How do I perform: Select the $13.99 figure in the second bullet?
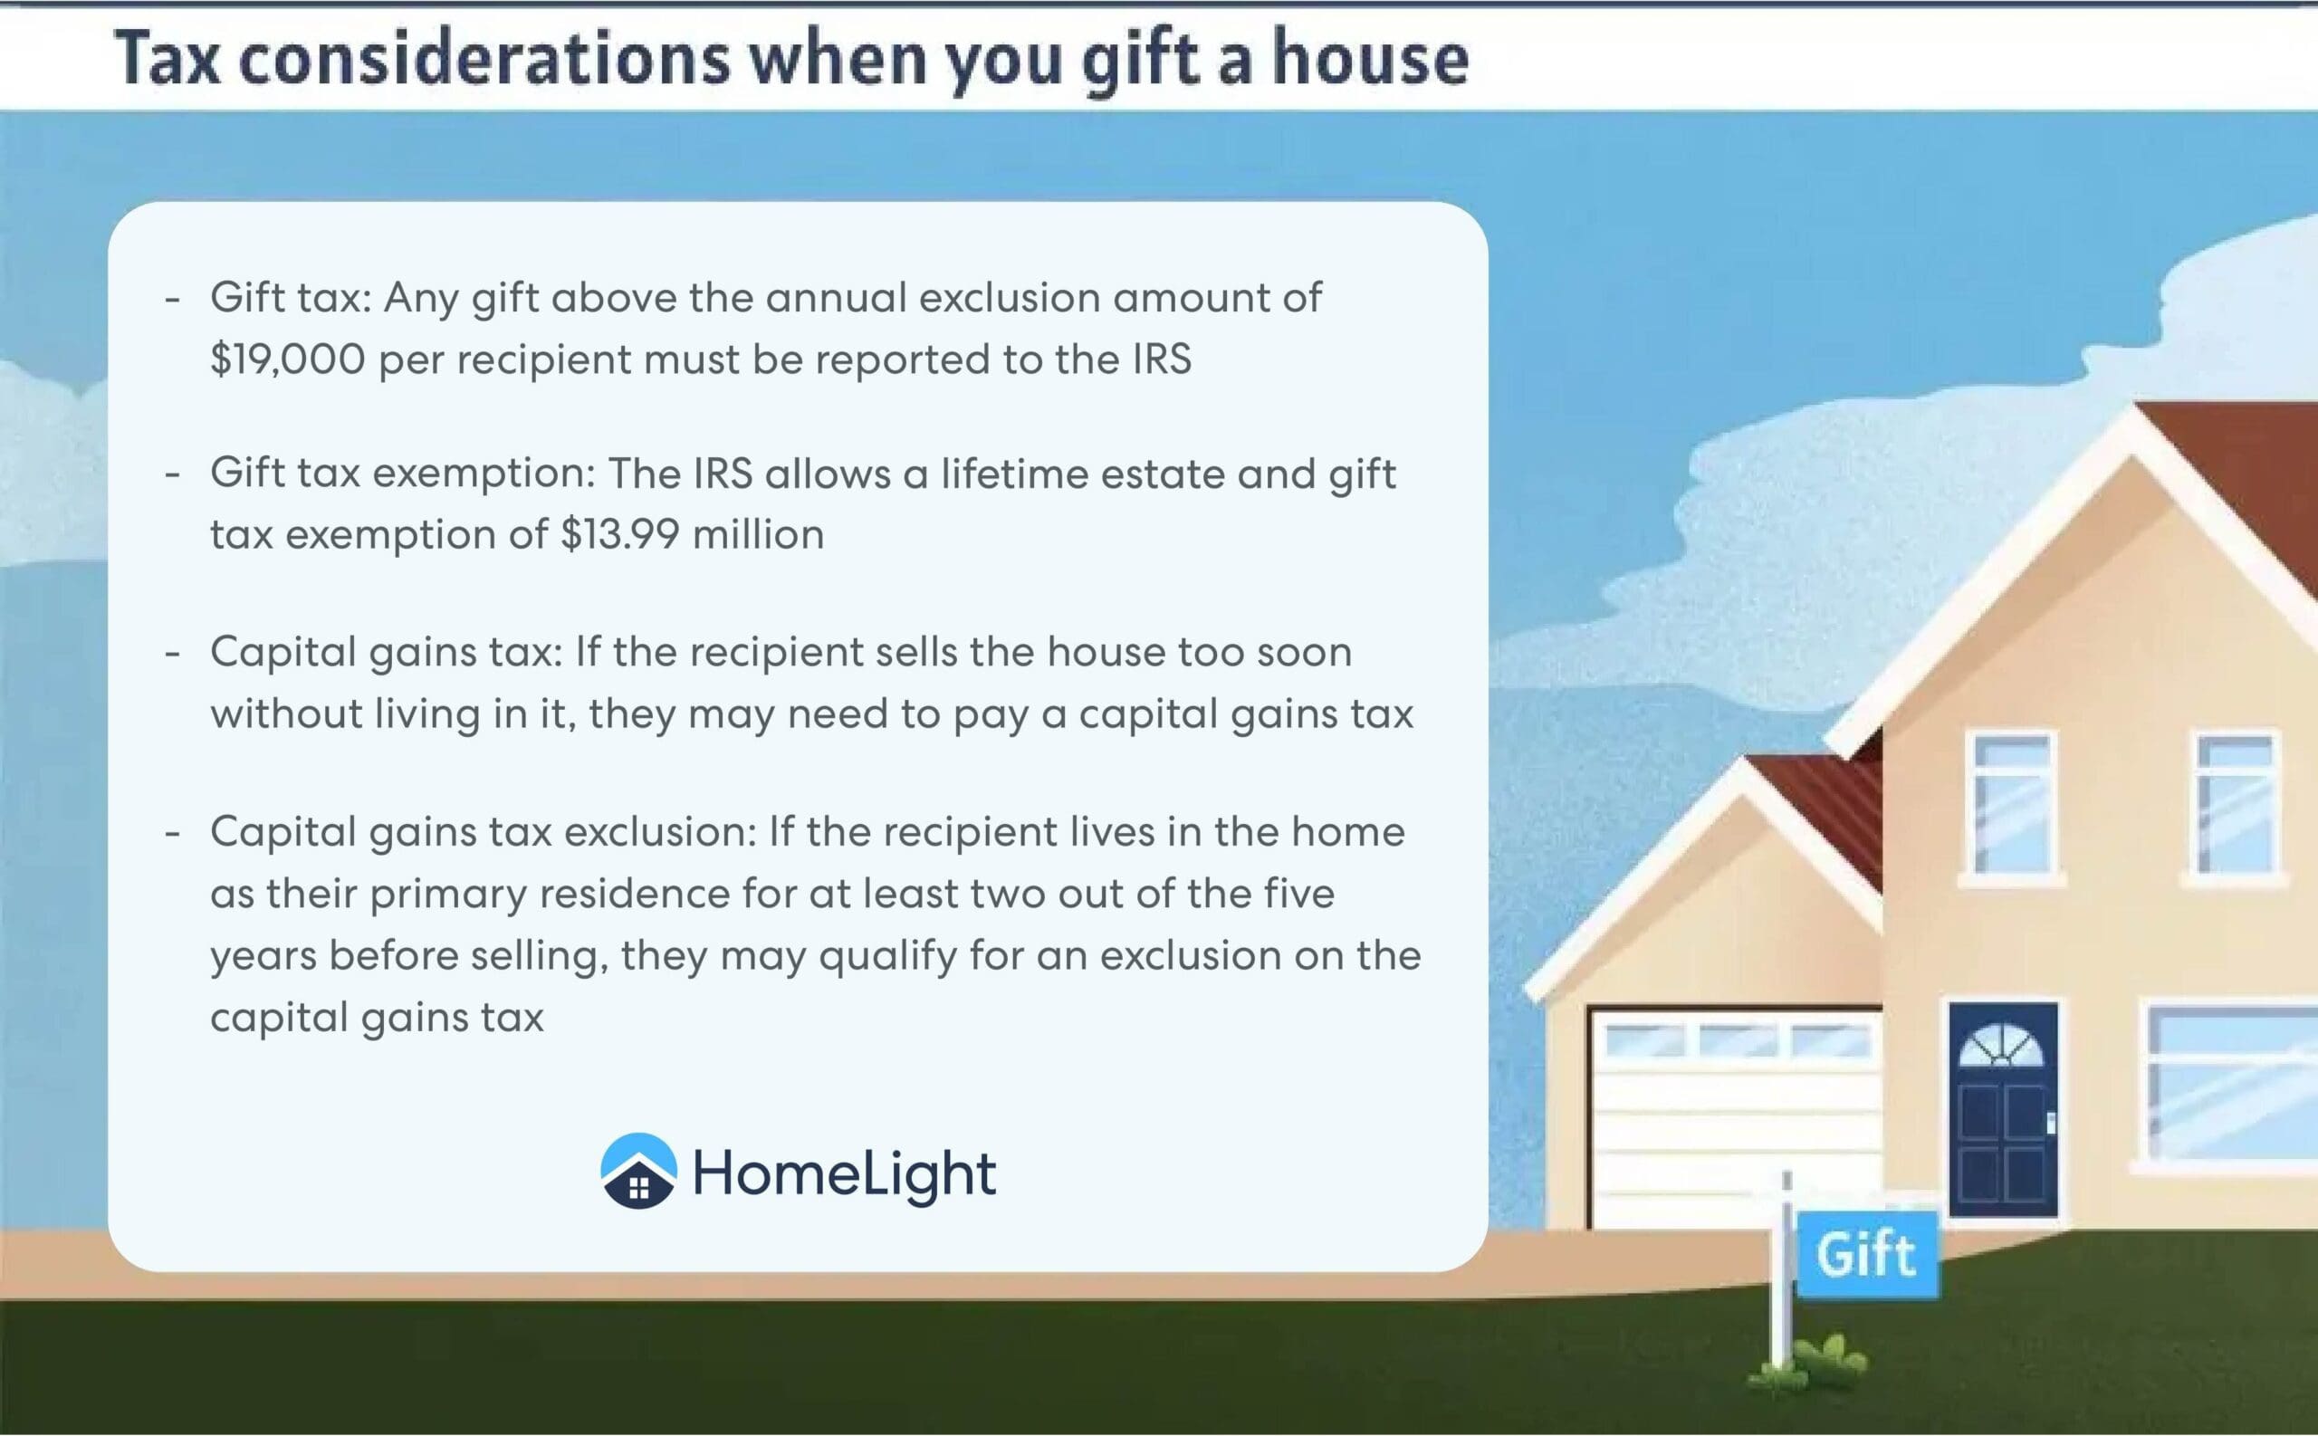coord(620,534)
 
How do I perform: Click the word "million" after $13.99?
coord(758,534)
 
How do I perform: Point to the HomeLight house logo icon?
coord(639,1170)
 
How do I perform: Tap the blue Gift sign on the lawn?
coord(1866,1254)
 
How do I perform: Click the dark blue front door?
coord(2004,1108)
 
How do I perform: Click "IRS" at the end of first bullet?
coord(1162,359)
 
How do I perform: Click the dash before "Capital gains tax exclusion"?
coord(172,833)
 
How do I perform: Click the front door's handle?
coord(2050,1124)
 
